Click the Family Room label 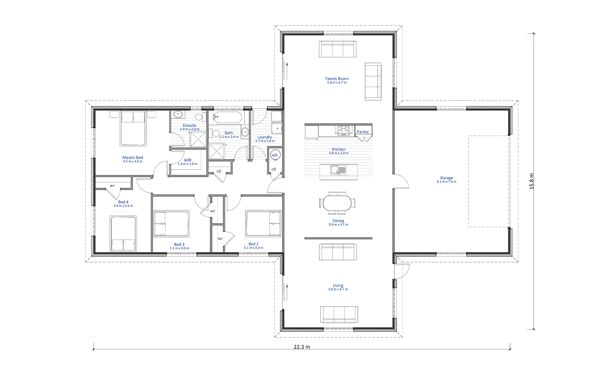pos(337,79)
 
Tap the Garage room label pos(446,178)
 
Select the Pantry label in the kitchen pos(363,132)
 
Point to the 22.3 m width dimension pos(302,347)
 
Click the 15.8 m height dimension pos(531,181)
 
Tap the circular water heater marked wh pos(275,155)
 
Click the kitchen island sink pos(338,170)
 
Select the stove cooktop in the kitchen pos(343,131)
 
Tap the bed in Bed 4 pos(123,233)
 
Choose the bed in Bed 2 pos(263,223)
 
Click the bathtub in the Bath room pos(227,118)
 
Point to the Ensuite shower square pos(198,139)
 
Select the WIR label pos(188,160)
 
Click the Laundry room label pos(265,137)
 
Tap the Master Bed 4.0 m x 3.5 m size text pos(133,161)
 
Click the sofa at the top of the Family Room pos(338,49)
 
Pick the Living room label pos(338,285)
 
